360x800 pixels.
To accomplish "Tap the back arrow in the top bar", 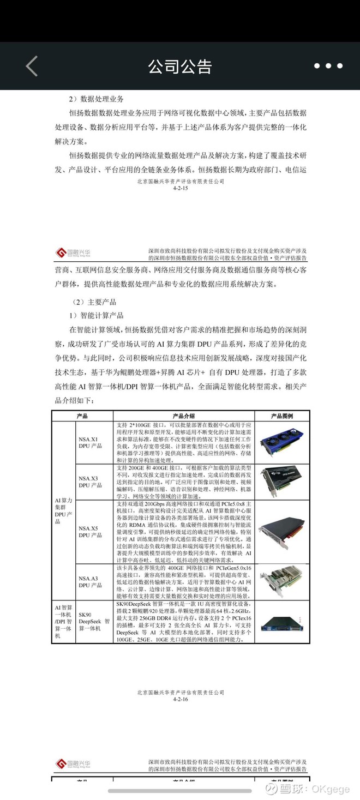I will pos(32,66).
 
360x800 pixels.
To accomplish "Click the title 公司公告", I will pos(179,67).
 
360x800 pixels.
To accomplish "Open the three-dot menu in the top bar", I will pos(328,66).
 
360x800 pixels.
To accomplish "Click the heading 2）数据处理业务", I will pos(96,99).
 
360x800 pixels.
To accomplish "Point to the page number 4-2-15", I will pos(180,188).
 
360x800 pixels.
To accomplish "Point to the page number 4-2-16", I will pos(180,699).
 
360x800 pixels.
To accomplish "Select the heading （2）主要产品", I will pos(94,302).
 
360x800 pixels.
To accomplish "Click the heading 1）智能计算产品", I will pos(96,315).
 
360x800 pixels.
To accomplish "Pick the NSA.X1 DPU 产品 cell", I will pos(91,442).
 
